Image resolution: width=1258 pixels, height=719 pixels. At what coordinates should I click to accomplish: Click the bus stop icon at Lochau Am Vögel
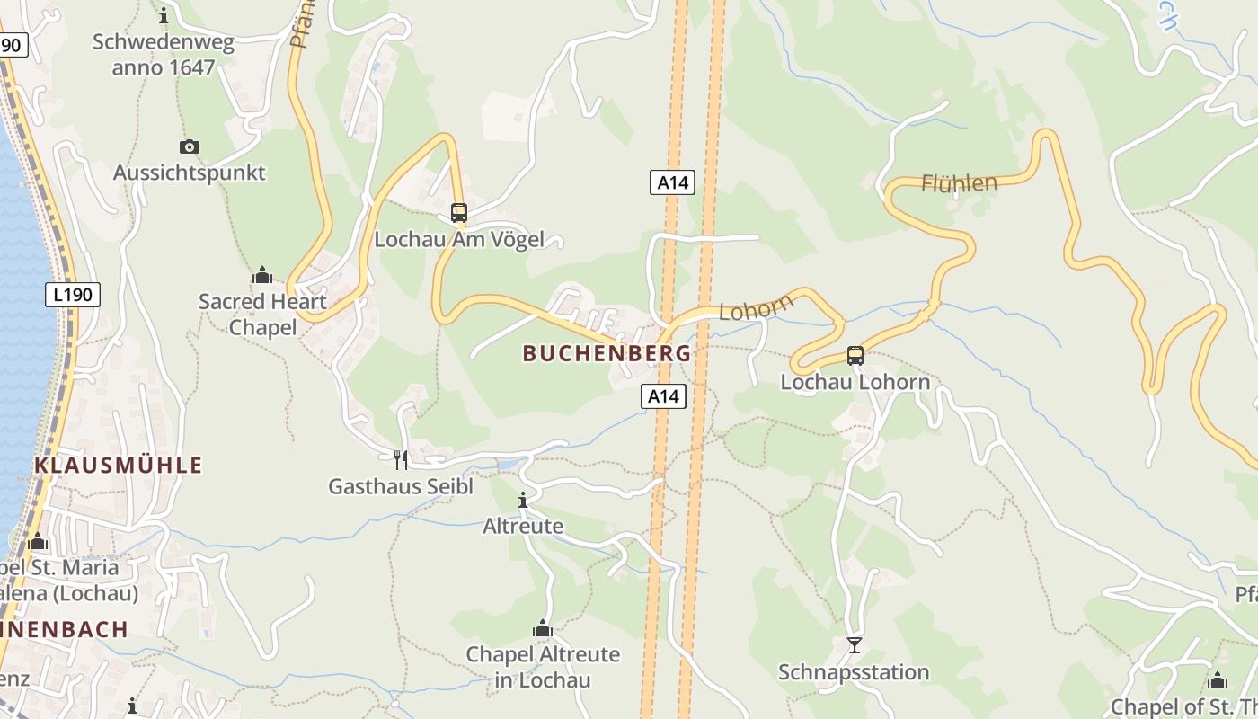459,213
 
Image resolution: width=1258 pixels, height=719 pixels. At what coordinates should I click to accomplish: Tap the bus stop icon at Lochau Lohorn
855,356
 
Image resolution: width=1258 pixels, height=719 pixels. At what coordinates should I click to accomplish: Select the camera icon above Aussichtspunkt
190,146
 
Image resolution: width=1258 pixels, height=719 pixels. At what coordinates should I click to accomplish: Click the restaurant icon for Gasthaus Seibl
401,460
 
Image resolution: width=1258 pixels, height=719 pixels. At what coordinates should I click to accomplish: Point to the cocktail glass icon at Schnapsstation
855,645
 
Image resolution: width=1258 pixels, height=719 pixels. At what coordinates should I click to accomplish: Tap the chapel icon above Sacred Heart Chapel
262,275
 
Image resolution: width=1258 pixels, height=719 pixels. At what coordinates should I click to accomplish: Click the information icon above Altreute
523,500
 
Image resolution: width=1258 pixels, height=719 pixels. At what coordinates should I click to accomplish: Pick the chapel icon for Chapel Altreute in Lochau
543,628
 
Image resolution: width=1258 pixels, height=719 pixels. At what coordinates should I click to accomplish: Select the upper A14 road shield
672,182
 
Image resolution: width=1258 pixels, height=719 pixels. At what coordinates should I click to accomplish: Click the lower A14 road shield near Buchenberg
663,395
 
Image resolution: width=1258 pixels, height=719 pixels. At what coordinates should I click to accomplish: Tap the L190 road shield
73,294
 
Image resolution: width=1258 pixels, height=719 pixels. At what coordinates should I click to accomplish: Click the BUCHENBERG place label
607,354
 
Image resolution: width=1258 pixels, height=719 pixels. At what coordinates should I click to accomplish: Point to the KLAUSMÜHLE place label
119,466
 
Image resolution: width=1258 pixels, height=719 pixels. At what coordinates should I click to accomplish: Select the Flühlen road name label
959,183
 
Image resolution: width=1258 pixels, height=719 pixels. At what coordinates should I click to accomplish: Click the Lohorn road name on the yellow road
757,307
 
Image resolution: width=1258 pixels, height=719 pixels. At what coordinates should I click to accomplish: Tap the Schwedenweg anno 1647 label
164,55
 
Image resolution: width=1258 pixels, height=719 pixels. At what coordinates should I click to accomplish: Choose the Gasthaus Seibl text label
400,487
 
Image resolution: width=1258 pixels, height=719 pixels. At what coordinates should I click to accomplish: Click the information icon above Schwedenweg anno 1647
164,15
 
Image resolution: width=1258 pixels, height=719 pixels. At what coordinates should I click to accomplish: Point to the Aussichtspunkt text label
190,173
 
